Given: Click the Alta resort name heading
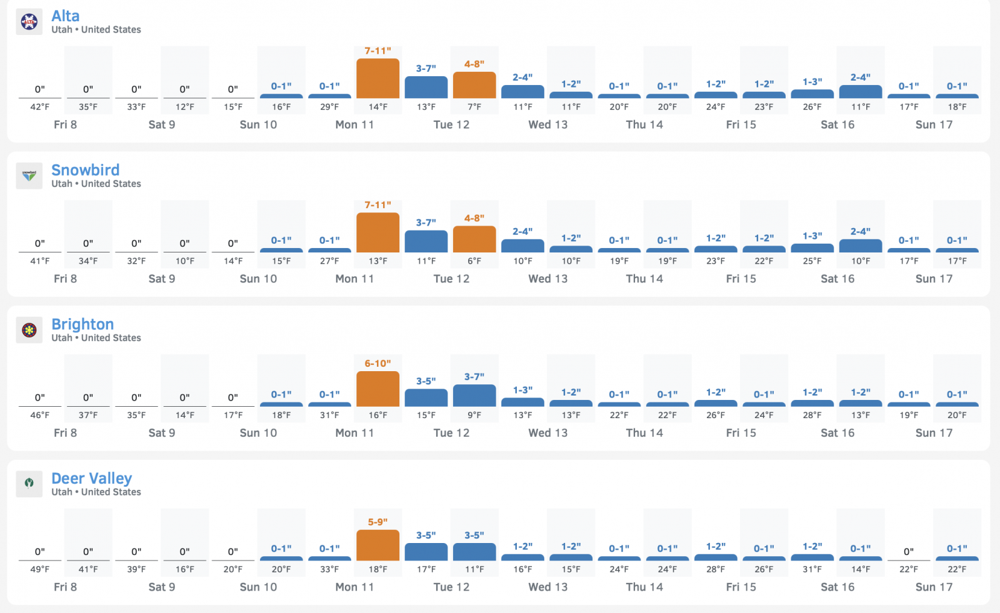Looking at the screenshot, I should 65,16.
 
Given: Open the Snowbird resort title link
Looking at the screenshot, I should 85,170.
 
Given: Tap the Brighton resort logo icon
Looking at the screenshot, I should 29,330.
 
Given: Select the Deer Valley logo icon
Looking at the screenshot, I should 29,484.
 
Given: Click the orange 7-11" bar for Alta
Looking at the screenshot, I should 377,78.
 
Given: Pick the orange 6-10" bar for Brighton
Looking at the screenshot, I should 377,389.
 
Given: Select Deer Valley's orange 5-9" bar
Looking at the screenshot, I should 377,545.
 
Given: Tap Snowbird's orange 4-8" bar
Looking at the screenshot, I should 474,239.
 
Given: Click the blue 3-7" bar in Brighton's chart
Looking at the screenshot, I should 474,395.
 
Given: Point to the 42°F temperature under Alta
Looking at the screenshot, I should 40,107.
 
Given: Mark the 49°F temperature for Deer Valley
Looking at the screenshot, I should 40,569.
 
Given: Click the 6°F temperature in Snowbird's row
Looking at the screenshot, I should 474,261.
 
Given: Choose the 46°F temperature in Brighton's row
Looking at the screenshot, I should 40,415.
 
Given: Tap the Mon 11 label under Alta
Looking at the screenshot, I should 354,124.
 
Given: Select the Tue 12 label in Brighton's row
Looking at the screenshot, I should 451,433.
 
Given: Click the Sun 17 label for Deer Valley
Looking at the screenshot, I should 934,587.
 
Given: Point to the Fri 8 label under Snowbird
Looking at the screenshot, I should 65,279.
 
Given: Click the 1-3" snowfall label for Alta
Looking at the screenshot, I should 812,82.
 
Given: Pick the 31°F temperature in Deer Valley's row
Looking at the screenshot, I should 812,569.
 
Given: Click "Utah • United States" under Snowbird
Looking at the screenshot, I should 96,184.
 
